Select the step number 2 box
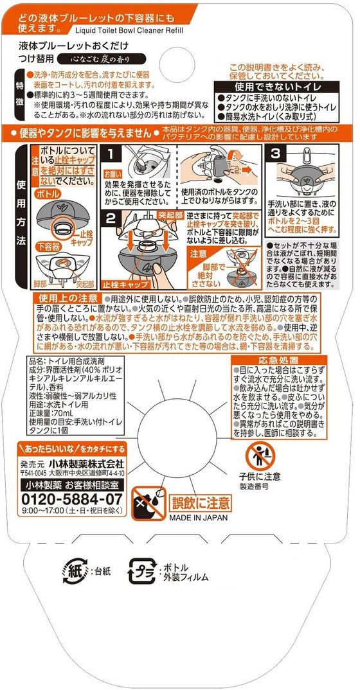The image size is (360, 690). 111,218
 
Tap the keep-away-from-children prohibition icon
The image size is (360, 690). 259,457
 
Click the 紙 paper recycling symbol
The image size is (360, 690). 73,569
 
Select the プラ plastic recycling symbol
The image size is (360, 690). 141,571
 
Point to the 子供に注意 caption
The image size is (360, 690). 258,478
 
